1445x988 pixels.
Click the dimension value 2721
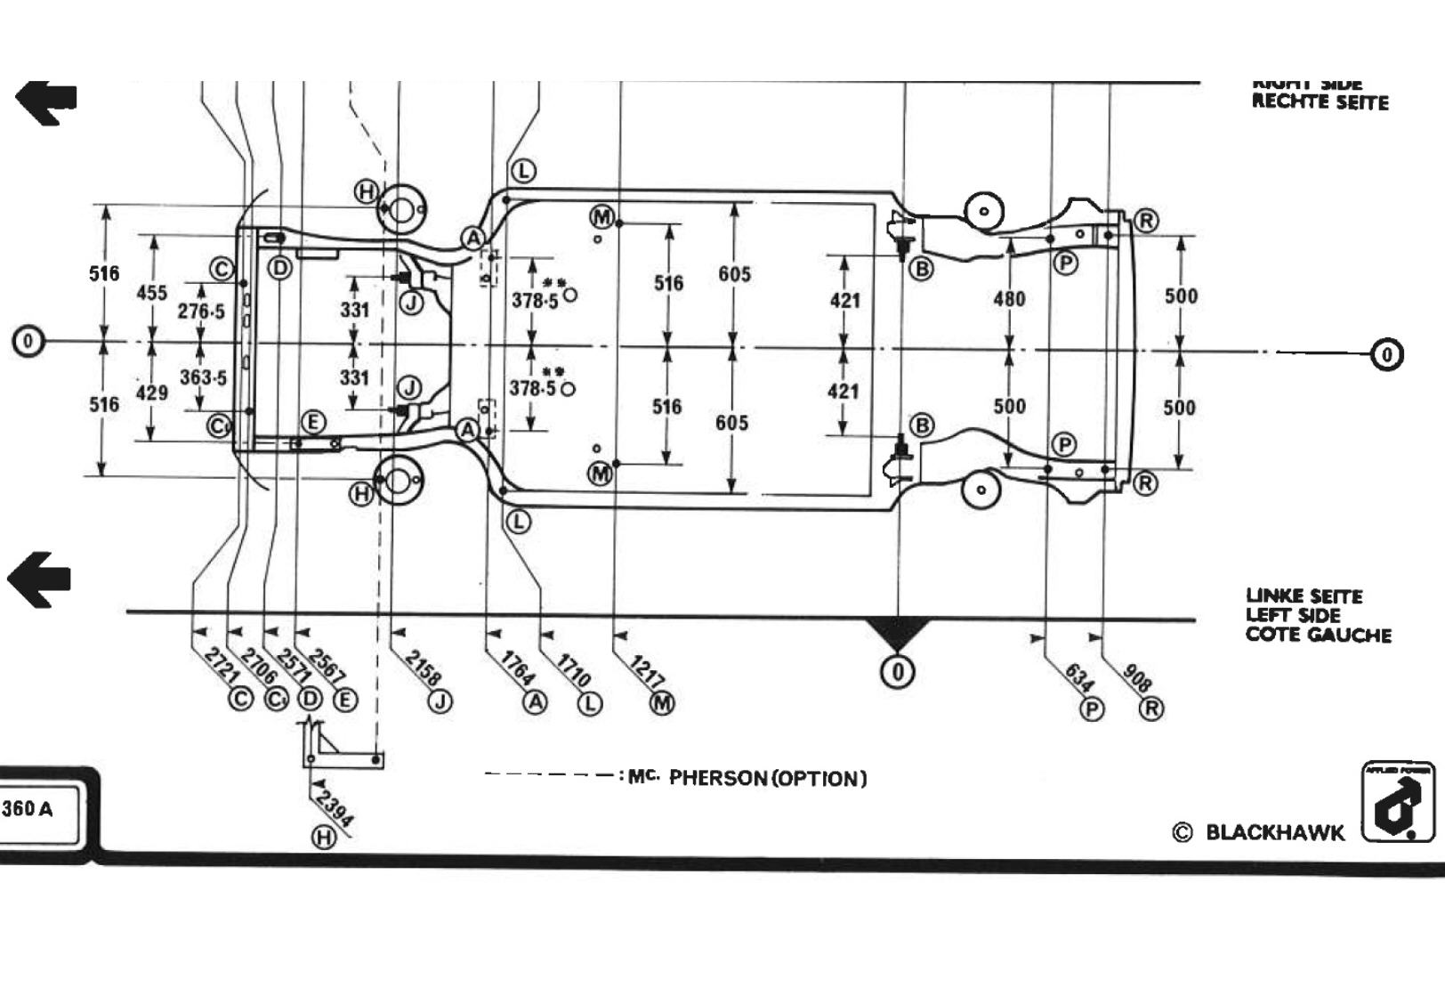220,666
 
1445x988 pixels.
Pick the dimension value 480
1009,299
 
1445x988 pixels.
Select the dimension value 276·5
201,312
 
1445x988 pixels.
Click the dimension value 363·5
203,377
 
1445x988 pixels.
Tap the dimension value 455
151,292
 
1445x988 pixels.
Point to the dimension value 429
152,393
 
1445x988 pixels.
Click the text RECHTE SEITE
1320,101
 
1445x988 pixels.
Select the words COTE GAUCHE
1318,635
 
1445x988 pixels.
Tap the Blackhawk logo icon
1398,801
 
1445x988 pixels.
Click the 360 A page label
28,809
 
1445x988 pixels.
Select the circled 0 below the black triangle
898,671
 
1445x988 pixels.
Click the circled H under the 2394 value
323,838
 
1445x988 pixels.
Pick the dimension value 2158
423,668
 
